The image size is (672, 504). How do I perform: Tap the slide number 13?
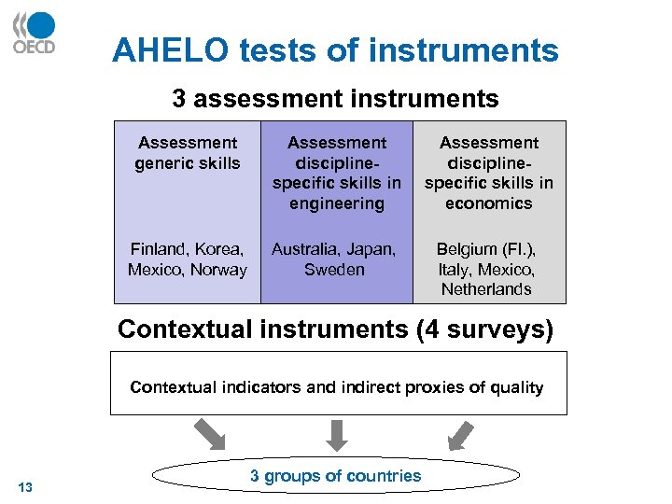coord(25,486)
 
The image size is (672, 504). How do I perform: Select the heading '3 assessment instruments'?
coord(335,98)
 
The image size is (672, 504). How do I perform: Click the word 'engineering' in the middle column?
coord(337,203)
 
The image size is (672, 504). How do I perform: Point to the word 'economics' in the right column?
coord(489,203)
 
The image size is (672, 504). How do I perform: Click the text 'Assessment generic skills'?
coord(188,153)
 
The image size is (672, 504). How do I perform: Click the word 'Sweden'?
coord(334,270)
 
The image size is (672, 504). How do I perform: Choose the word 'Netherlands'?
coord(486,289)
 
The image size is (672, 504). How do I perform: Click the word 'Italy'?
coord(453,270)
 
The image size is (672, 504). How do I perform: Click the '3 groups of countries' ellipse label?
coord(335,476)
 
